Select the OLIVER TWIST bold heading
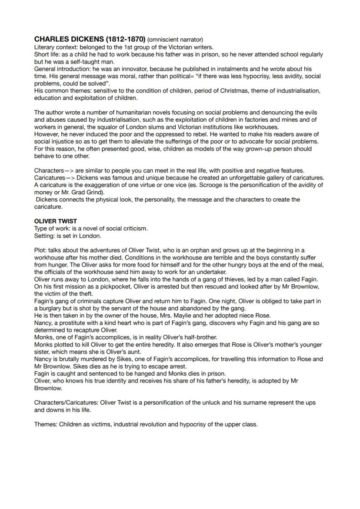click(55, 221)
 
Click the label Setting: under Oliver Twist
click(45, 236)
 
